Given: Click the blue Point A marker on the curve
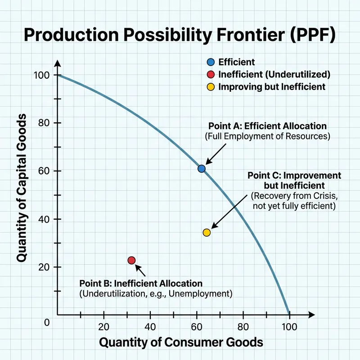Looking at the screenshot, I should [202, 168].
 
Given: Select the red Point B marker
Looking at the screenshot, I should [131, 260].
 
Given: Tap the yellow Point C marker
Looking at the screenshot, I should [207, 232].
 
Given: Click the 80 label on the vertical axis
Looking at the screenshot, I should [43, 123].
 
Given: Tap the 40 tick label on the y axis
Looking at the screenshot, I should [43, 219].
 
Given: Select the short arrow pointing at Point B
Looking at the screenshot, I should [141, 270].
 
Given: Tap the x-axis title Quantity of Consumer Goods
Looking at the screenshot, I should [180, 342].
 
